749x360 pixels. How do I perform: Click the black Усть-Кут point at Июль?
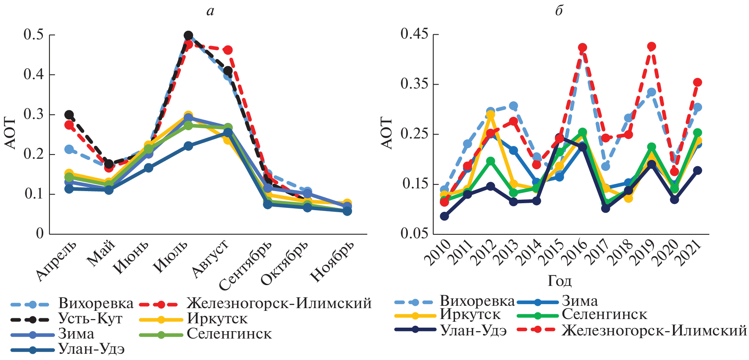[x=188, y=35]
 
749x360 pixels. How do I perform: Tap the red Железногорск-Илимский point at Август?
[x=228, y=50]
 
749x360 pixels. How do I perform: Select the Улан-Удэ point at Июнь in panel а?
[x=149, y=168]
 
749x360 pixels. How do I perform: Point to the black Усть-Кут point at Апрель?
[x=69, y=115]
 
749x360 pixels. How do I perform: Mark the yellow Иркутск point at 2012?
[x=490, y=115]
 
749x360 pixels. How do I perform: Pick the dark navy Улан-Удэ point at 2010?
[x=444, y=216]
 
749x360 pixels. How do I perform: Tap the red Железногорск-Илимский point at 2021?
[x=698, y=82]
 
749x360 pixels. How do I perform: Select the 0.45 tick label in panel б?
[x=414, y=34]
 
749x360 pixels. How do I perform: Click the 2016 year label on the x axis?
[x=577, y=252]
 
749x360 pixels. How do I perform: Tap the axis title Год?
[x=560, y=281]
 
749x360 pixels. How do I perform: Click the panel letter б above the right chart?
[x=559, y=11]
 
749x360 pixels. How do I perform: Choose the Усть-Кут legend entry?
[x=90, y=319]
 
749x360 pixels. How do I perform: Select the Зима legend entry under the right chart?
[x=579, y=301]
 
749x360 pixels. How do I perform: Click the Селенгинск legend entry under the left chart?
[x=229, y=334]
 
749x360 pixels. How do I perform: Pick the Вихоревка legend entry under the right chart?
[x=477, y=301]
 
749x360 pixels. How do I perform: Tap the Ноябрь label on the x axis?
[x=332, y=260]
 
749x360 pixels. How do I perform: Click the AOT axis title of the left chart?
[x=11, y=133]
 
